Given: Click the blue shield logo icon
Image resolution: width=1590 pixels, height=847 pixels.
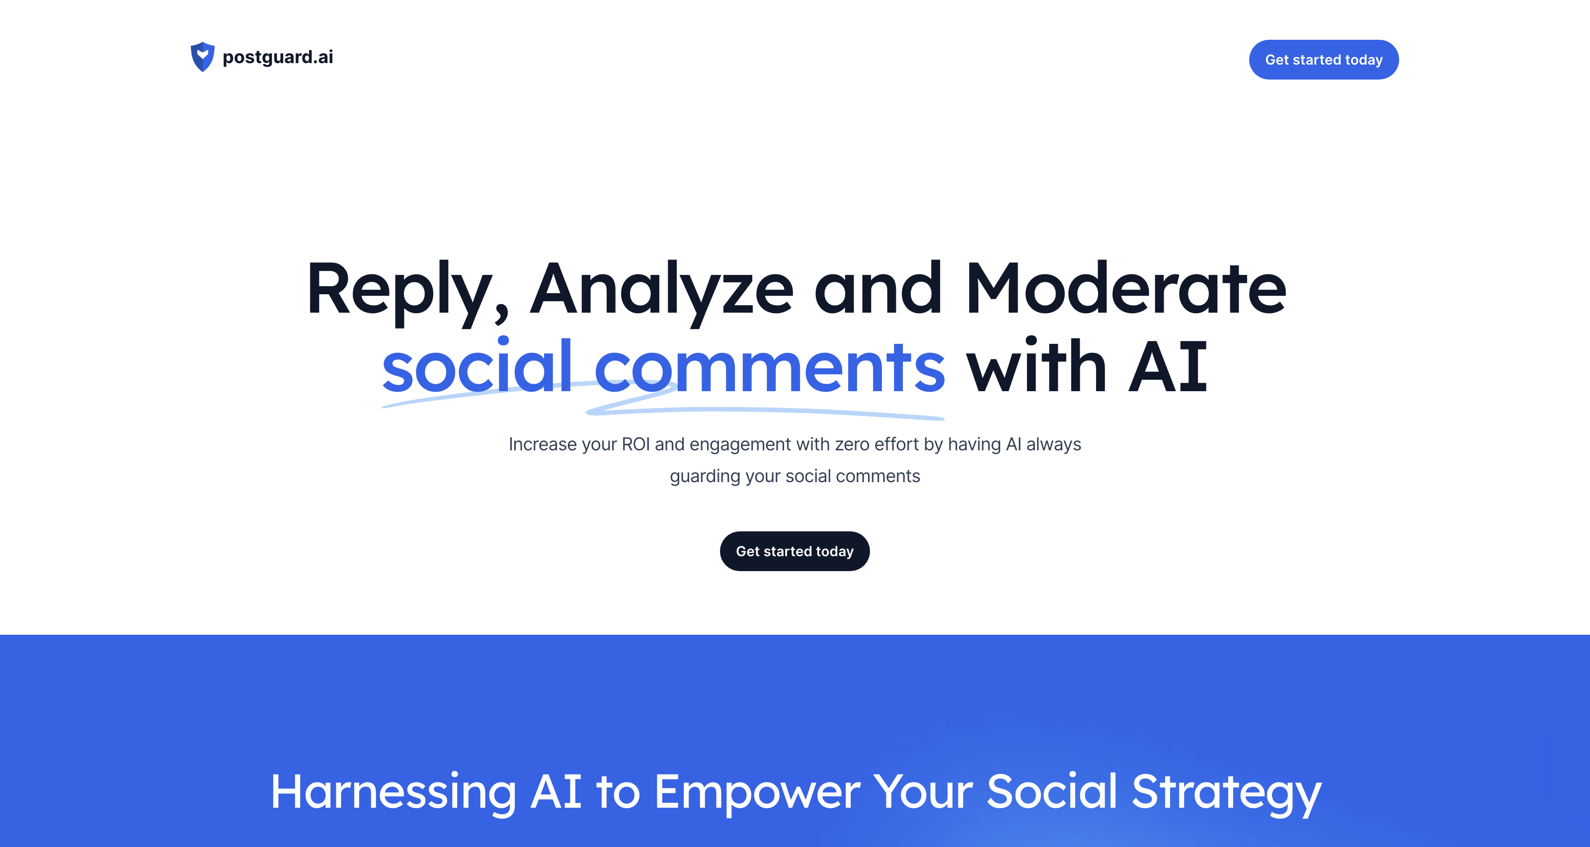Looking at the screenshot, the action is (202, 57).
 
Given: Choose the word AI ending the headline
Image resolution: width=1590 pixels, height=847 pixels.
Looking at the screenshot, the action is (1167, 367).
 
